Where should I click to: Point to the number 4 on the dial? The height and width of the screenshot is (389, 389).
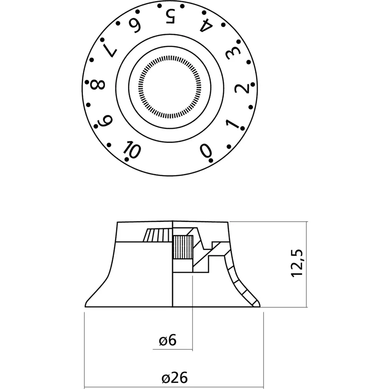[206, 28]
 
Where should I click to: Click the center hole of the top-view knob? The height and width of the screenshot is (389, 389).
[170, 86]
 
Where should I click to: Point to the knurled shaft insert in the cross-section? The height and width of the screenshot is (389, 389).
[182, 247]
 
